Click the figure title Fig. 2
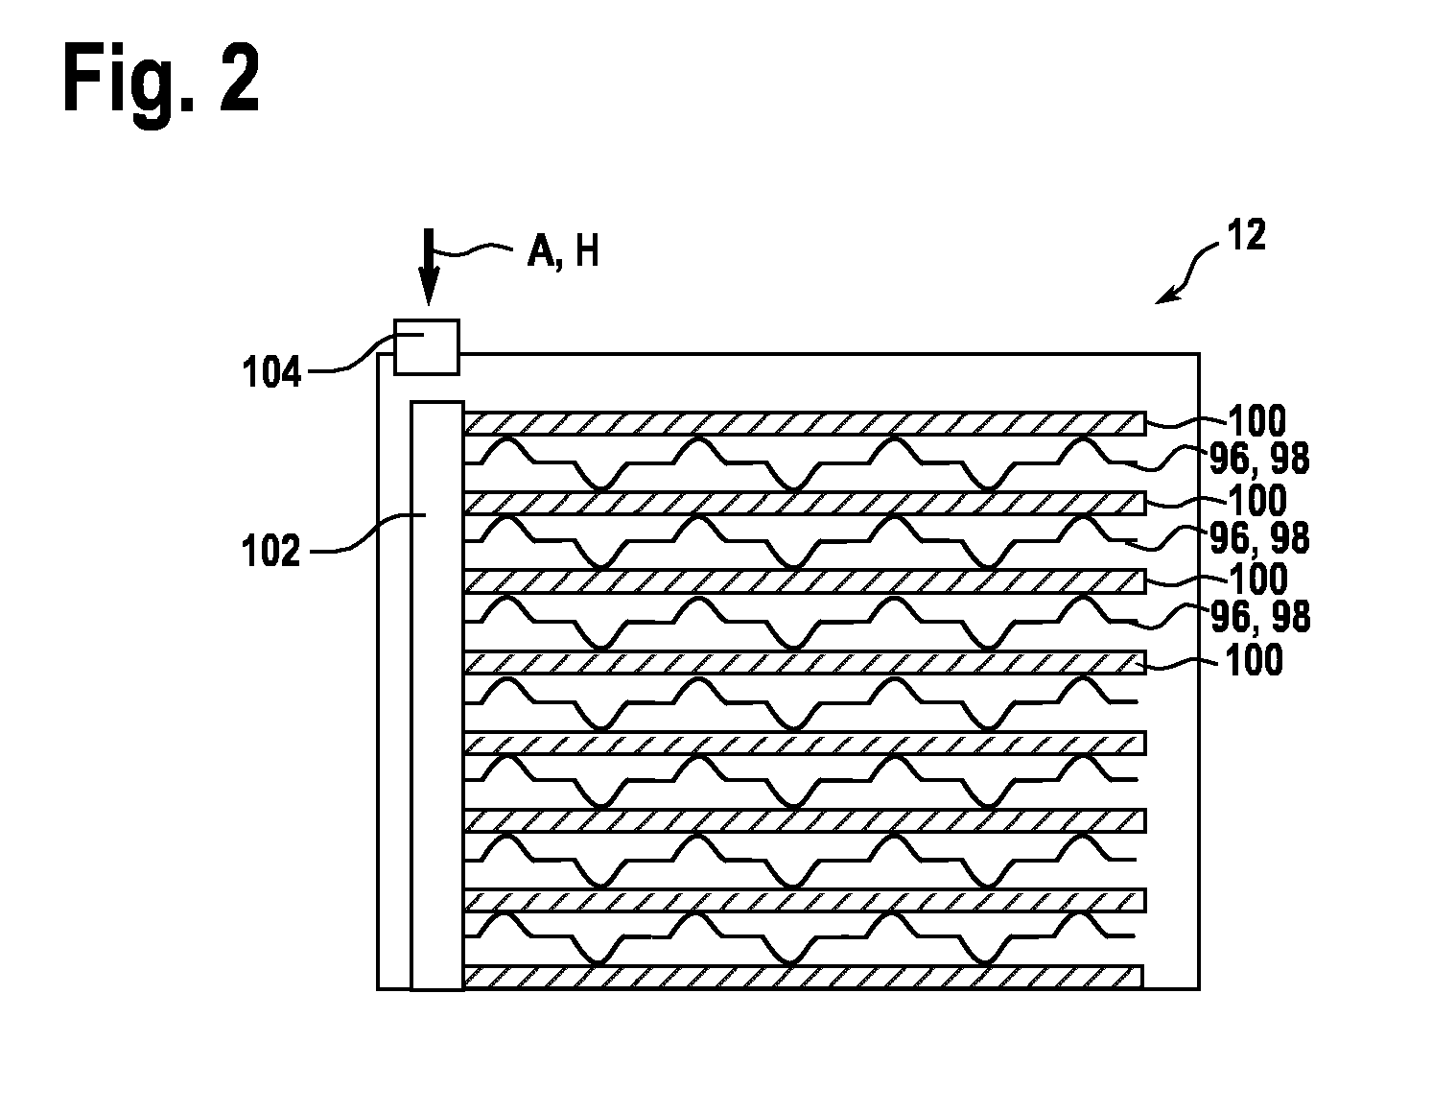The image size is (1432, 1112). tap(161, 83)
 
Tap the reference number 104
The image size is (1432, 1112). tap(271, 371)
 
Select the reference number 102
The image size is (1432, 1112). tap(270, 551)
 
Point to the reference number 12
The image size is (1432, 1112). tap(1246, 235)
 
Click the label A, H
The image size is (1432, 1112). tap(563, 251)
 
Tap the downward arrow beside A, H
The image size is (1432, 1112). tap(429, 267)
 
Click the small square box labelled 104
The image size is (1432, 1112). tap(427, 347)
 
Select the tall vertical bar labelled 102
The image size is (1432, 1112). tap(437, 696)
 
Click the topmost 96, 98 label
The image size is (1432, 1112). tap(1259, 459)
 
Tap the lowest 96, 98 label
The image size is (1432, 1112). tap(1260, 617)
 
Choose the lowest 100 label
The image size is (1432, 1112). tap(1254, 660)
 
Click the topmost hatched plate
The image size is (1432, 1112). tap(806, 423)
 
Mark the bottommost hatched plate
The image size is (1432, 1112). tap(804, 978)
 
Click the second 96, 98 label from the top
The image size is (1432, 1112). tap(1259, 538)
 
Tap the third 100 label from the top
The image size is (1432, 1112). tap(1258, 579)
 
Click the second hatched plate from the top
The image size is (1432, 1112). tap(806, 503)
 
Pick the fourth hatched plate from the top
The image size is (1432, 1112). tap(804, 662)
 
